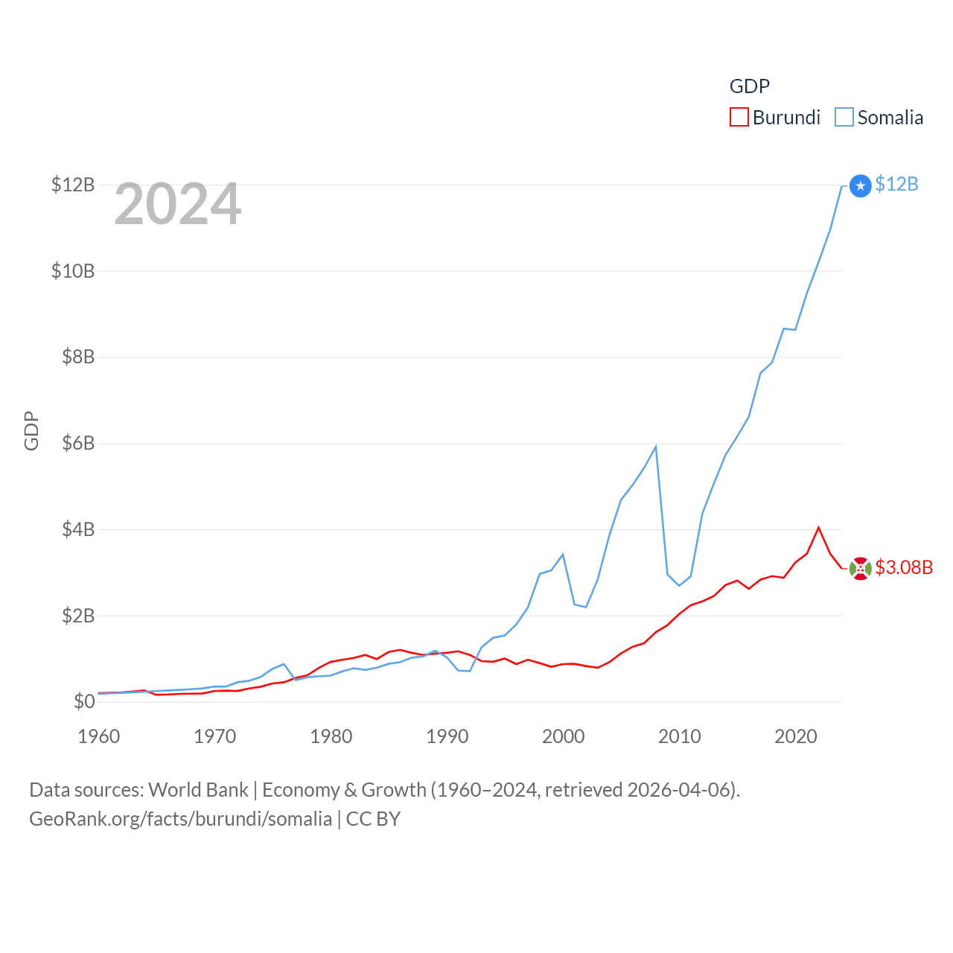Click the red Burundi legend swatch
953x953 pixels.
tap(739, 118)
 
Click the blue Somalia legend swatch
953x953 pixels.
tap(844, 118)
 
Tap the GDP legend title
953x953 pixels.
tap(749, 86)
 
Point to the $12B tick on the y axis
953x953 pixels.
tap(73, 185)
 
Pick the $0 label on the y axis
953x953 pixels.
tap(84, 701)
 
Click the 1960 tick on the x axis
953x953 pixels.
tap(98, 736)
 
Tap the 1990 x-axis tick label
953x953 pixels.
tap(447, 736)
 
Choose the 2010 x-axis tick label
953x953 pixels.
tap(679, 736)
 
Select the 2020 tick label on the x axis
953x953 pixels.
tap(795, 736)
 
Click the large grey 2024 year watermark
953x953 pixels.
tap(177, 204)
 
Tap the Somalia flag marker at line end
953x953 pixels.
tap(860, 185)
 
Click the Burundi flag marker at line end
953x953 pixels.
tap(860, 569)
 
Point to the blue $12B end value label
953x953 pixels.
tap(896, 184)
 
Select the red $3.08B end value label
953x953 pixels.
tap(904, 567)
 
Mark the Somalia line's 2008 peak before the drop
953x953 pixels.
tap(655, 447)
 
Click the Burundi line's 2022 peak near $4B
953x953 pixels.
tap(818, 528)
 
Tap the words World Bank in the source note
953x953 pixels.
tap(198, 790)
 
